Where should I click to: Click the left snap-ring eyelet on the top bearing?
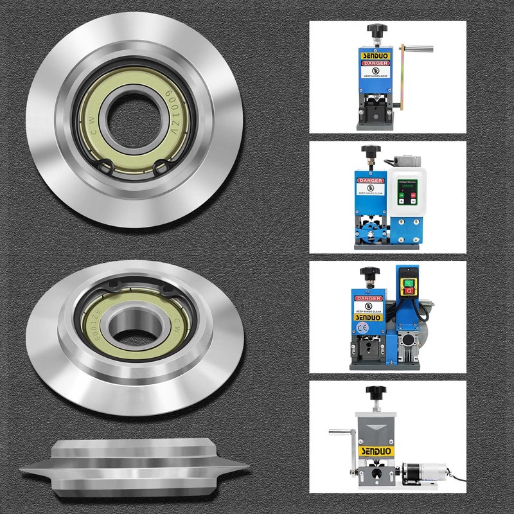point(107,168)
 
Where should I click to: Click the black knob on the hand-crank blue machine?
point(375,31)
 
